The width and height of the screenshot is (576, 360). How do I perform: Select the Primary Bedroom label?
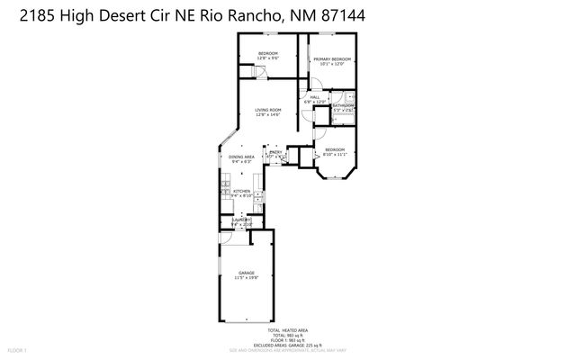coord(331,59)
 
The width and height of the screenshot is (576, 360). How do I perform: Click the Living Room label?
coord(268,110)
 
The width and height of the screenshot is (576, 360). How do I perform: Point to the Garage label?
coord(246,272)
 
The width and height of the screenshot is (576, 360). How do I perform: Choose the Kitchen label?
coord(241,191)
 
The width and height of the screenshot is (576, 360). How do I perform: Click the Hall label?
coord(315,98)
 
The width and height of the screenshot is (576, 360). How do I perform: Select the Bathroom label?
coord(343,106)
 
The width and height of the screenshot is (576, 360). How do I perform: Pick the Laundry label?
coord(240,220)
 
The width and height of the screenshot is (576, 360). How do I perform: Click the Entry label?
coord(275,152)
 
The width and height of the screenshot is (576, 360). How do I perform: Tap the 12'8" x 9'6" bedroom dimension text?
coord(268,58)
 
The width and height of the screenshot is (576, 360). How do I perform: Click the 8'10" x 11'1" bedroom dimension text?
coord(334,154)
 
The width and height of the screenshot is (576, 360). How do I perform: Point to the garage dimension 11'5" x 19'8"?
coord(246,277)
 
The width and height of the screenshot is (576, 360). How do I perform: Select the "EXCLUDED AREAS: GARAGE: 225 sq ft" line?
coord(288,345)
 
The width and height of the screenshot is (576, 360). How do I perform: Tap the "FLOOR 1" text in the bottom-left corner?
coord(19,349)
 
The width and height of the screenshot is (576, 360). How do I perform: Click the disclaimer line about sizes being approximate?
coord(288,349)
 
